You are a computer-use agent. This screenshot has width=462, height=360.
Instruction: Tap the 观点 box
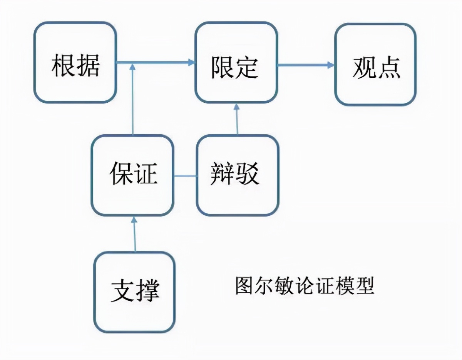click(375, 64)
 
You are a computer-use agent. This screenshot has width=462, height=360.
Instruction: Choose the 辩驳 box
click(238, 175)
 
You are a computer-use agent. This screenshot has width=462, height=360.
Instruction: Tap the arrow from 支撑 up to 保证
click(134, 235)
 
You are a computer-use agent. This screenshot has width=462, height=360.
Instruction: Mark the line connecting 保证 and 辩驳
click(185, 176)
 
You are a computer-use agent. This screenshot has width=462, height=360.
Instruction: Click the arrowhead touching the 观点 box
click(331, 65)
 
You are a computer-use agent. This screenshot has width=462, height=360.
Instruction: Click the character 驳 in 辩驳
click(249, 175)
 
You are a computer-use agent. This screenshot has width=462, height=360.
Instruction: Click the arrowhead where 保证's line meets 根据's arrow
click(133, 67)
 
